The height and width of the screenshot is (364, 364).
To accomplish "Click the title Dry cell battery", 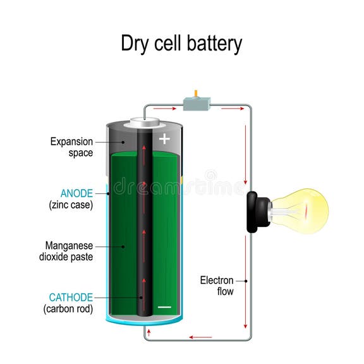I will (x=181, y=44).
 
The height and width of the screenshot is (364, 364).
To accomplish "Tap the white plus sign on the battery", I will (x=164, y=139).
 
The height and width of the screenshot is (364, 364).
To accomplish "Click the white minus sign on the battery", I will (x=164, y=307).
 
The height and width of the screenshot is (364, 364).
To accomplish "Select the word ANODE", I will (x=76, y=193).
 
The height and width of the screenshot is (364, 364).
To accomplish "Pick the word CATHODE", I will (x=72, y=297).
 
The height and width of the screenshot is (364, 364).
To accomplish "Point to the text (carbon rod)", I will (x=68, y=309).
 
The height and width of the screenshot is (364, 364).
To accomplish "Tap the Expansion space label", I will (x=71, y=147).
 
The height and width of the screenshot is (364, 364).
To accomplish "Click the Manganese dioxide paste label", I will (x=70, y=251).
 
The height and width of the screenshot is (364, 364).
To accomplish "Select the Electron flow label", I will (x=217, y=286).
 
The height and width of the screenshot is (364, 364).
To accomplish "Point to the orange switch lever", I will (x=196, y=94).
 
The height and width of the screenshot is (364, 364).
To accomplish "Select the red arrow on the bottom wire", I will (x=201, y=337).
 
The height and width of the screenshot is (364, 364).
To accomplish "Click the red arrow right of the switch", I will (x=232, y=109).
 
